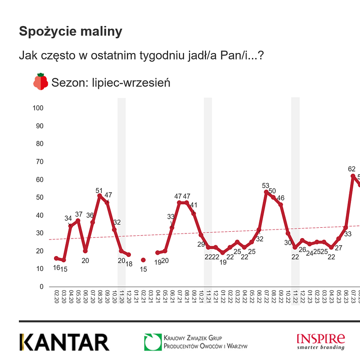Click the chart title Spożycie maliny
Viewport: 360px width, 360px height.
(x=70, y=31)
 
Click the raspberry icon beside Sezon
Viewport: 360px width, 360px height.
(x=40, y=81)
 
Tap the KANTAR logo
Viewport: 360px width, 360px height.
(x=64, y=342)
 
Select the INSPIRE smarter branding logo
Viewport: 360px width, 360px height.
(x=321, y=341)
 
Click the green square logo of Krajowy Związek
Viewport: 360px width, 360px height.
(x=153, y=342)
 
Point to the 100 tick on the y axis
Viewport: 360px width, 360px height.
(x=38, y=108)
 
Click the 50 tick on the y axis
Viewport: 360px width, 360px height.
(x=40, y=198)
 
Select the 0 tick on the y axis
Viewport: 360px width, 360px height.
(x=41, y=287)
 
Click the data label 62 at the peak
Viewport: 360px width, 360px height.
(x=352, y=169)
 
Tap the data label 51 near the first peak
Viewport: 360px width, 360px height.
(x=99, y=190)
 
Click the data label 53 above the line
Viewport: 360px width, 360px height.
(x=265, y=185)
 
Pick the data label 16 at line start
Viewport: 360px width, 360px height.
(x=56, y=267)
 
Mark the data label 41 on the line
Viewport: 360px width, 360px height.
(x=193, y=205)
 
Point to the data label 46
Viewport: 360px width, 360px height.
(x=281, y=198)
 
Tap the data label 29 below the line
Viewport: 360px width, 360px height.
(x=201, y=244)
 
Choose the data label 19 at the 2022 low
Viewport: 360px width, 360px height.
(x=222, y=261)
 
